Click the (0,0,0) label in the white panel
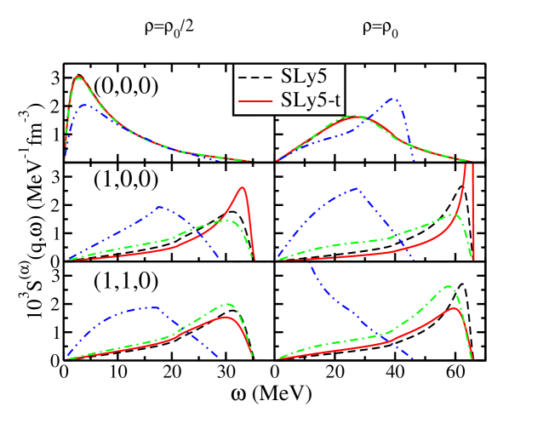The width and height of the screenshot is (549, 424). coord(126,87)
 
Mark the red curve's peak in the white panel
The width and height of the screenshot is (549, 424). coord(79,76)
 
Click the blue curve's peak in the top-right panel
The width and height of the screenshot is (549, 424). coord(394,98)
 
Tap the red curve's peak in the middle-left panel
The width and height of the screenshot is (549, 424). coord(243,187)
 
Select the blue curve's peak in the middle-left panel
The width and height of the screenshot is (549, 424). coord(159,207)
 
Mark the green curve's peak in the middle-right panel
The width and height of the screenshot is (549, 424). coord(456,215)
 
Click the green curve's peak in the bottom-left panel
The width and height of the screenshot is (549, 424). coord(228,303)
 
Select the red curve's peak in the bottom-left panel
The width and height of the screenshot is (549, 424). coord(227,318)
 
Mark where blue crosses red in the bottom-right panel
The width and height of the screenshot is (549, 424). coord(388,341)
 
